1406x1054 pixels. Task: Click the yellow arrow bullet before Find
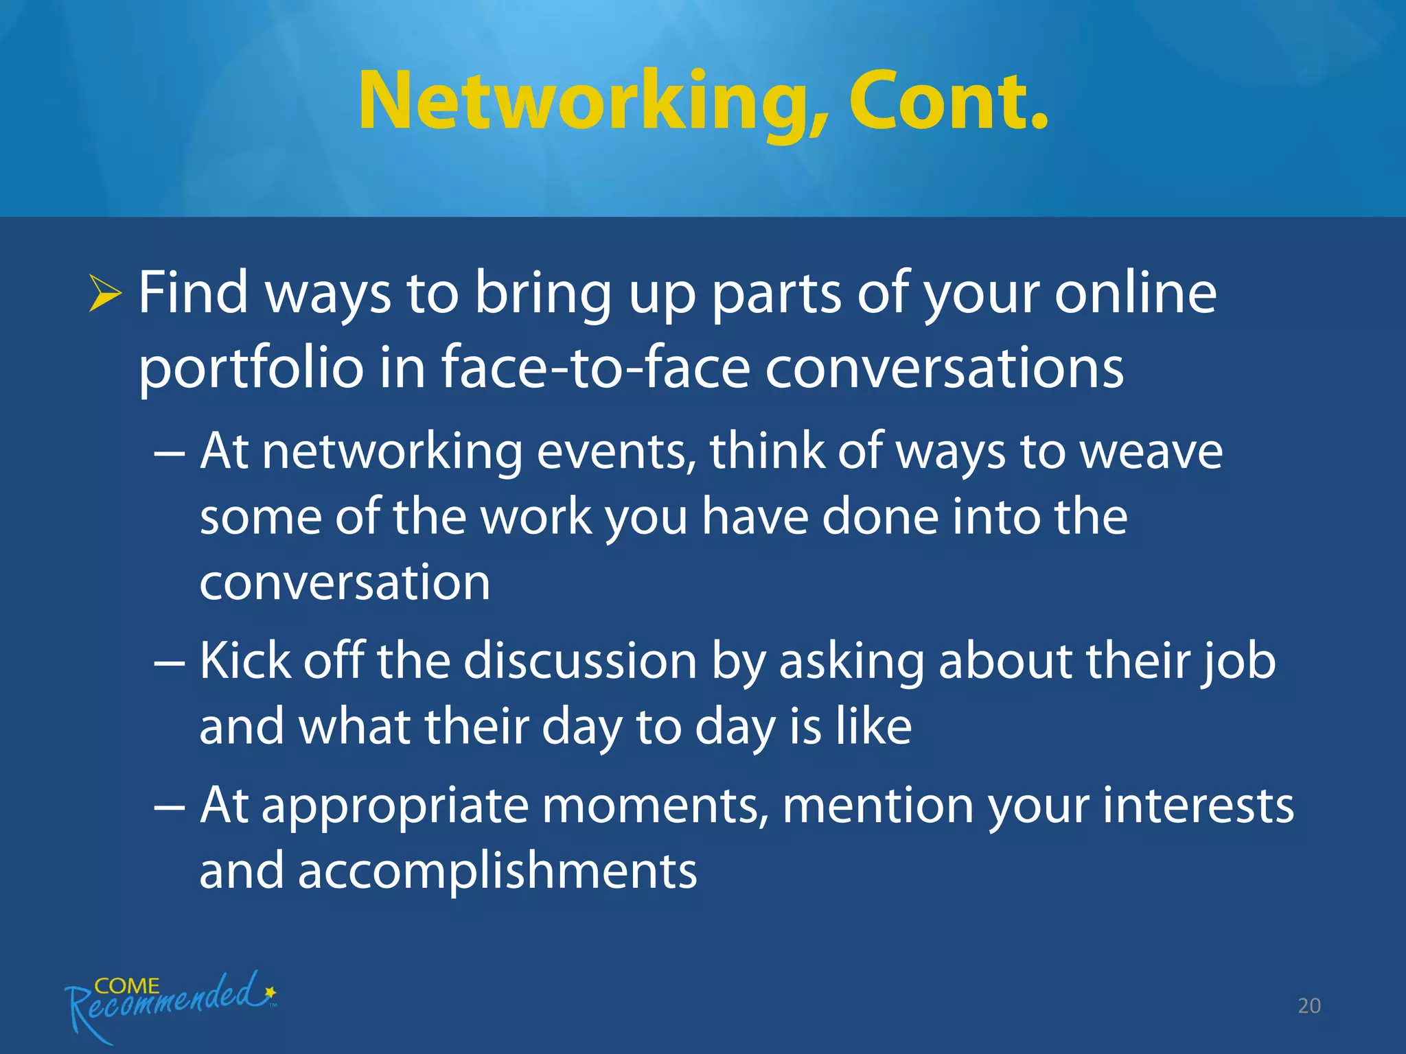(104, 296)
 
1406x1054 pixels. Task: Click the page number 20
(1309, 1006)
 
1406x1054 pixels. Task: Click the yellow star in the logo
(270, 992)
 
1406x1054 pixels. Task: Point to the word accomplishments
(497, 870)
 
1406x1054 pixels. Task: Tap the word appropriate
(395, 807)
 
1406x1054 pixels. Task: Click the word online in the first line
(1136, 293)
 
